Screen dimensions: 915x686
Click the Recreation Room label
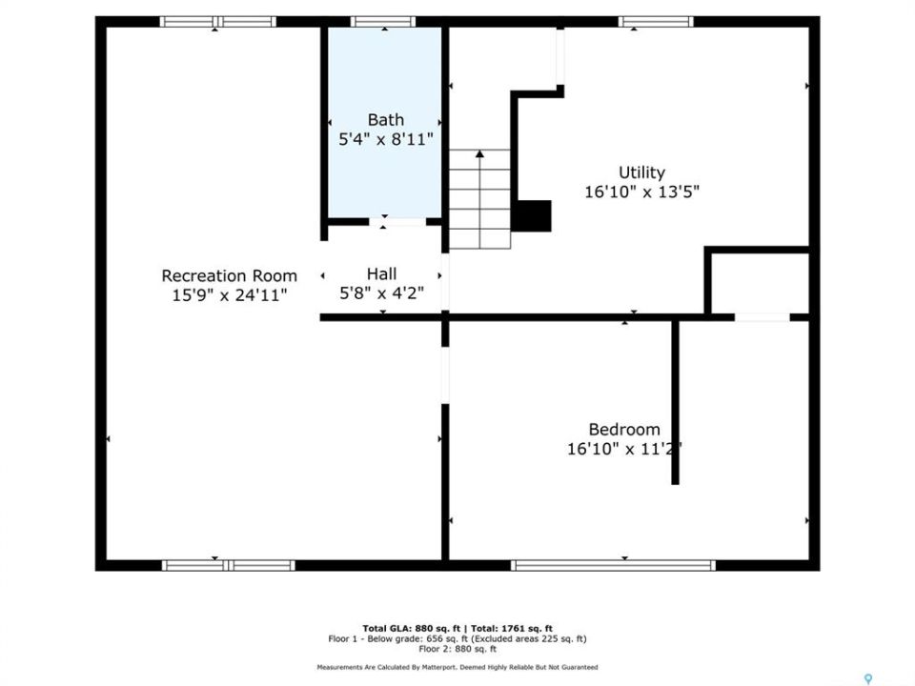coord(230,275)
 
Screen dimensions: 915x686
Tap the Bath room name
coord(386,120)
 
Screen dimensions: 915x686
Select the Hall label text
coord(381,273)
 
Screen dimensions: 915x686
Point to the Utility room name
coord(641,172)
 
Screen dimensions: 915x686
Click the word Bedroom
coord(624,430)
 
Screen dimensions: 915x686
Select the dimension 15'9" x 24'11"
coord(230,294)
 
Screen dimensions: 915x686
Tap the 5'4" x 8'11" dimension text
coord(386,139)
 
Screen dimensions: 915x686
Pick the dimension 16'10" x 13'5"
coord(641,192)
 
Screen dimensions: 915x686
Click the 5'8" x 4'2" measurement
coord(381,293)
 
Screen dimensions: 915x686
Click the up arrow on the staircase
coord(479,198)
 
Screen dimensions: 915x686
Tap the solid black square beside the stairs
coord(532,216)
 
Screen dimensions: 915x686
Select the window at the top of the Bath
coord(383,22)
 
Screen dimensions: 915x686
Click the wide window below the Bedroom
coord(613,565)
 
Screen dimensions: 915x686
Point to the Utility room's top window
coord(656,22)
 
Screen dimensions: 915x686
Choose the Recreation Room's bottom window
coord(228,565)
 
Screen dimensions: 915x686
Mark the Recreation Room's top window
coord(217,22)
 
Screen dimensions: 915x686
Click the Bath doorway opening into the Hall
coord(398,222)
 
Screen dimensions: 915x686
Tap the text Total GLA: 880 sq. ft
coord(412,628)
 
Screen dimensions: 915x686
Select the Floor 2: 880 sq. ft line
coord(457,649)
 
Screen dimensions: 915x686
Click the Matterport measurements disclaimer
coord(457,667)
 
